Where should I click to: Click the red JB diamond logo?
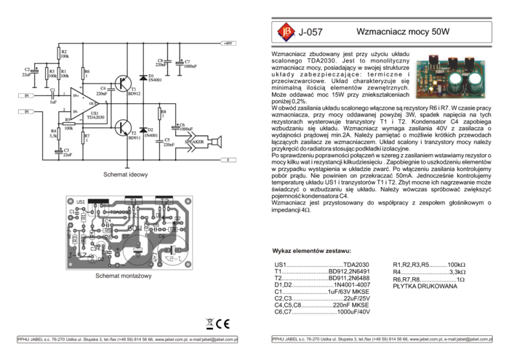coord(285,32)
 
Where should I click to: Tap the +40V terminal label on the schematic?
coord(228,44)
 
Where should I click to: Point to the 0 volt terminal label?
coord(228,159)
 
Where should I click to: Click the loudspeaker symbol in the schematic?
coord(214,140)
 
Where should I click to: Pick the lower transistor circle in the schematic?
coord(121,128)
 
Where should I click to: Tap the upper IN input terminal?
coord(26,95)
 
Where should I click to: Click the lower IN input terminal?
coord(26,111)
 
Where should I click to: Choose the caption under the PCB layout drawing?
coord(124,276)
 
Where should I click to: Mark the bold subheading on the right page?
coord(311,252)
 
